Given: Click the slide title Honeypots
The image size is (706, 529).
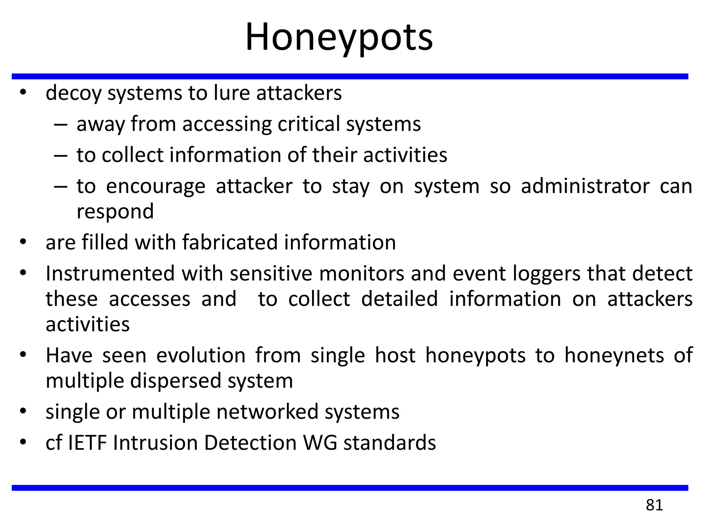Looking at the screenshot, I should pos(339,37).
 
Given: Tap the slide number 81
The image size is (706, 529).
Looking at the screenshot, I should pos(654,505).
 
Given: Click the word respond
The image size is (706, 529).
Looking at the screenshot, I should pos(115,211).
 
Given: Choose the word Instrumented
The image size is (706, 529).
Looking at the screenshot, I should pos(110,273).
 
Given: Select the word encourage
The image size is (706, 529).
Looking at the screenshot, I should pos(156,186).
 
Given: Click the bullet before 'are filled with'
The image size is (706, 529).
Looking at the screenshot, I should pos(23,242).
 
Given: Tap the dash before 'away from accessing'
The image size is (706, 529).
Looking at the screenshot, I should pos(61,124).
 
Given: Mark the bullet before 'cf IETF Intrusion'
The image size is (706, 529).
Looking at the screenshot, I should pos(23,442).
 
